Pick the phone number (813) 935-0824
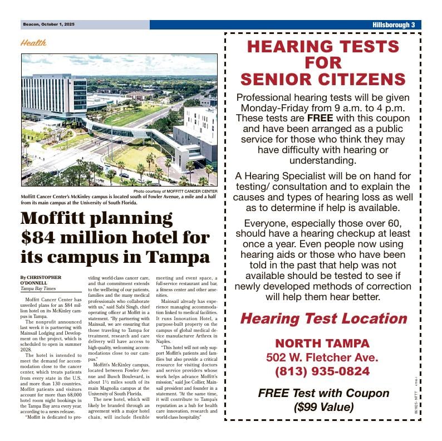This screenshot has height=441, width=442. tap(322, 371)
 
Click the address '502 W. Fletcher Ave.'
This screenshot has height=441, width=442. tap(322, 357)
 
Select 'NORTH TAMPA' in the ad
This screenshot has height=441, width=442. tap(322, 343)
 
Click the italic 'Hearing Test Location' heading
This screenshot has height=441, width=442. tap(323, 318)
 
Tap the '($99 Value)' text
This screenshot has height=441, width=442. tap(323, 407)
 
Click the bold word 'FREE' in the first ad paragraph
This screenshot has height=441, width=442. tap(320, 118)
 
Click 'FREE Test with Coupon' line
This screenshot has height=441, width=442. tap(323, 393)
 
